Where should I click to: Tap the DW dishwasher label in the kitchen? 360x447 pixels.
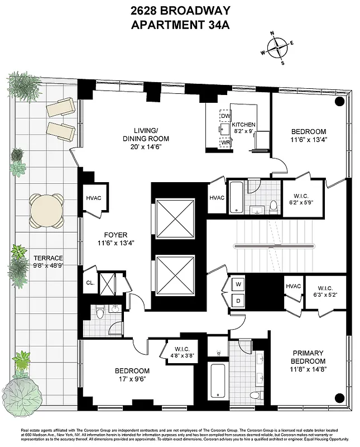pyautogui.click(x=226, y=116)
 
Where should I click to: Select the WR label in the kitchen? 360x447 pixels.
pyautogui.click(x=226, y=142)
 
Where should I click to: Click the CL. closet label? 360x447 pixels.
pyautogui.click(x=90, y=283)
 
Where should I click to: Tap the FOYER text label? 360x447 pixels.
pyautogui.click(x=116, y=235)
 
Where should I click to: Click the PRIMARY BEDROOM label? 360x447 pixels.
pyautogui.click(x=308, y=356)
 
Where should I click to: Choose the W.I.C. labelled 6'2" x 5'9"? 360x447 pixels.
pyautogui.click(x=303, y=199)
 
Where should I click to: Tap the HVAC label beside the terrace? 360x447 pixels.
pyautogui.click(x=93, y=198)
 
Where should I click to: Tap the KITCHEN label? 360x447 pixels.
pyautogui.click(x=244, y=125)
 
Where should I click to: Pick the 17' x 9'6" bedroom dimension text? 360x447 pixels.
pyautogui.click(x=132, y=379)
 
